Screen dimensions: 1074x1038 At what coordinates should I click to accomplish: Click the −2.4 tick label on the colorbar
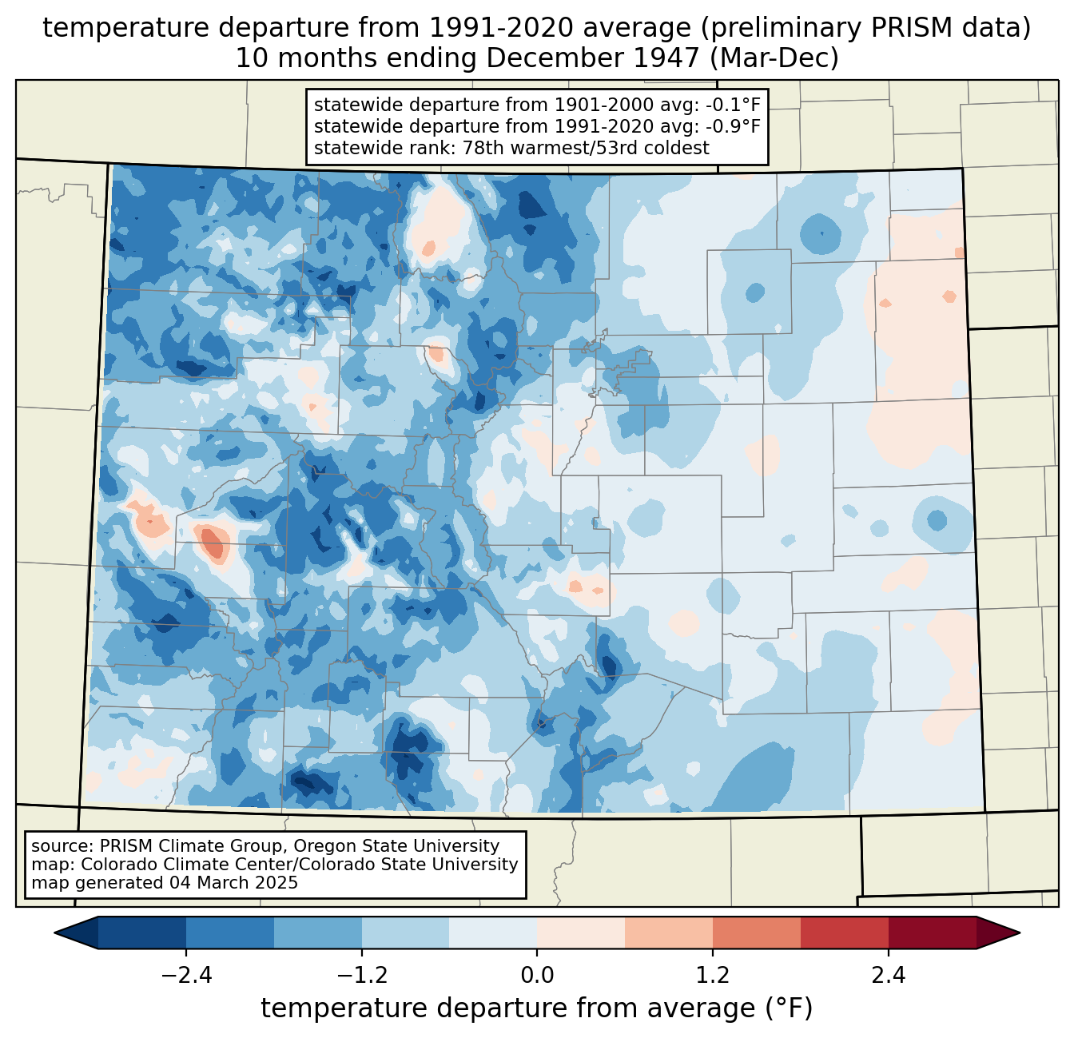[186, 976]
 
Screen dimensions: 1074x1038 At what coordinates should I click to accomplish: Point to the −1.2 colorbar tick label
[362, 976]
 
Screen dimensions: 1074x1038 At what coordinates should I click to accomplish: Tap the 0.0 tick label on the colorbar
[537, 976]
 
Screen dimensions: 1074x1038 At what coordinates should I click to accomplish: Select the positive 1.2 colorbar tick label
[713, 976]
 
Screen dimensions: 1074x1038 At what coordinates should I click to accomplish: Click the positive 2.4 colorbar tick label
[888, 976]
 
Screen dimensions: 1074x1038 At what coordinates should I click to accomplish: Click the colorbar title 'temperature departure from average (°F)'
[537, 1008]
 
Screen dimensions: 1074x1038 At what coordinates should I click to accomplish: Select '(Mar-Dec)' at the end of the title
[774, 58]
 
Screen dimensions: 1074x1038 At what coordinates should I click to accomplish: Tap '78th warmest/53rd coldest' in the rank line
[586, 148]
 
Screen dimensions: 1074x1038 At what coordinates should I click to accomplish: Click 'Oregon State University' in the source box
[396, 846]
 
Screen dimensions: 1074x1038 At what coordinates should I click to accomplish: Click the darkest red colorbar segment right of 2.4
[933, 933]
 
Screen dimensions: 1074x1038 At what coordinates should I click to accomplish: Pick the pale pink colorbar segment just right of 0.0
[581, 933]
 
